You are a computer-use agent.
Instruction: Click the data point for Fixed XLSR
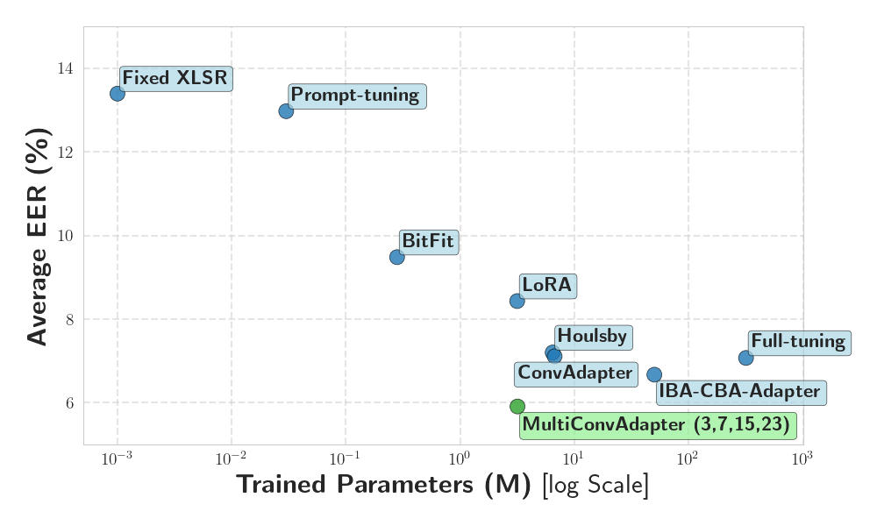pos(118,93)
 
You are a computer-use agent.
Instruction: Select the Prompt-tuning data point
pos(286,110)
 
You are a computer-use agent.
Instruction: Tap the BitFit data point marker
pos(396,257)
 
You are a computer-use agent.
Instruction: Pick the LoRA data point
pos(517,301)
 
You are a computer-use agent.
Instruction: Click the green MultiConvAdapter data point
pos(517,406)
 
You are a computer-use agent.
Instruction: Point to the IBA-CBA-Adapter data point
pos(654,374)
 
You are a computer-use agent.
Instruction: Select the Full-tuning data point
pos(746,358)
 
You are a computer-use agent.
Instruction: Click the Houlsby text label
pos(593,336)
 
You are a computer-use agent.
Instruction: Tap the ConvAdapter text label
pos(575,373)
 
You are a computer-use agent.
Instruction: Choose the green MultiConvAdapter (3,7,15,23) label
pos(657,426)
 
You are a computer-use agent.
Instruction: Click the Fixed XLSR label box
pos(175,78)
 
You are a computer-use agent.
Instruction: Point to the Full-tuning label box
pos(798,342)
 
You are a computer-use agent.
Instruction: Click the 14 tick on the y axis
pos(67,68)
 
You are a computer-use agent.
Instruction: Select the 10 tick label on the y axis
pos(67,236)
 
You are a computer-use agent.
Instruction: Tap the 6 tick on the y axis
pos(69,403)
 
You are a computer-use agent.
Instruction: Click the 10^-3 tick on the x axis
pos(117,458)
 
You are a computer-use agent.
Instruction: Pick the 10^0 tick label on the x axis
pos(460,458)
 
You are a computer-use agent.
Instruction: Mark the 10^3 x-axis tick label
pos(802,458)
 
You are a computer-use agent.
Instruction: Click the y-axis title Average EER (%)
pos(37,236)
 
